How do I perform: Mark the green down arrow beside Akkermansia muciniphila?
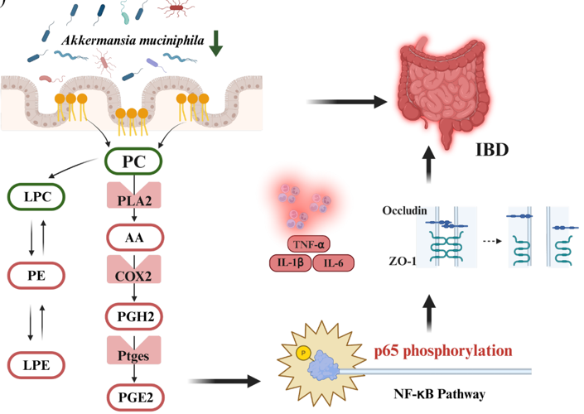[216, 43]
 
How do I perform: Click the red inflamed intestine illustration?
[447, 87]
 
